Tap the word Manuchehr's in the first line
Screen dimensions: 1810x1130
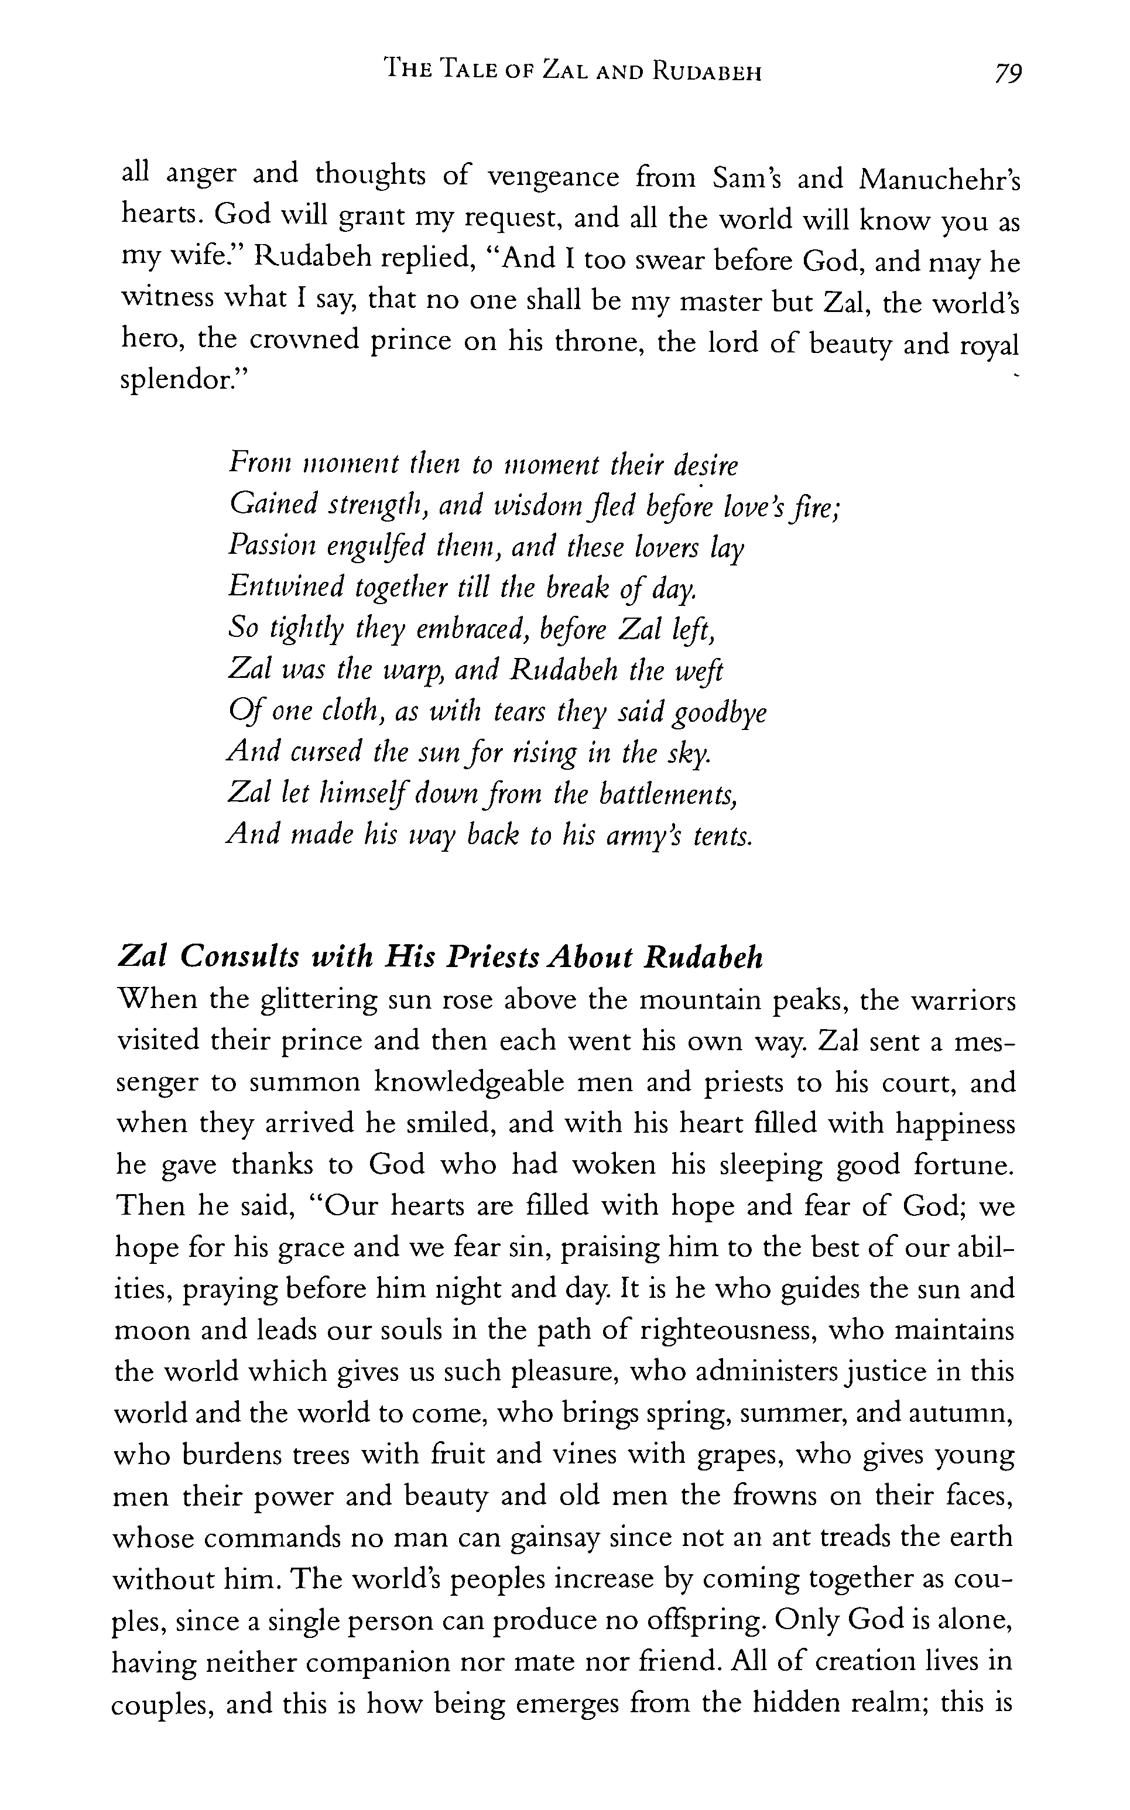940,180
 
